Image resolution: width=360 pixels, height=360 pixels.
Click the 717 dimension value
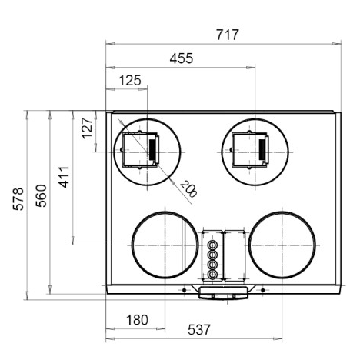pos(228,35)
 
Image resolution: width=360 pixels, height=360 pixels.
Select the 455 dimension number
pos(182,58)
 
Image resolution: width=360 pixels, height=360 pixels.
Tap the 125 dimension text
pos(130,81)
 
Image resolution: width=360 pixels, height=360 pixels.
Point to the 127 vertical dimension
pos(87,128)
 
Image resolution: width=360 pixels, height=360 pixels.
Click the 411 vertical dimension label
pos(64,177)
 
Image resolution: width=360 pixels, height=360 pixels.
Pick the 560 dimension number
pos(41,195)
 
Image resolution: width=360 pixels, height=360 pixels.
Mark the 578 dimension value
pos(18,199)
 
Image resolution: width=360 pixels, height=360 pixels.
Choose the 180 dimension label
pos(137,320)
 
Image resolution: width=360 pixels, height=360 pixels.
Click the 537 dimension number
pos(199,329)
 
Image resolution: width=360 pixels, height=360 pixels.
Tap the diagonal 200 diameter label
pos(188,188)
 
